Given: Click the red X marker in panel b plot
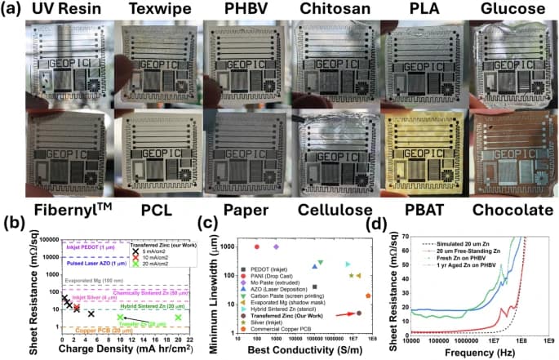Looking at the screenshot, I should point(77,308).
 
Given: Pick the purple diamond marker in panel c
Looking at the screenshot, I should point(276,247).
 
